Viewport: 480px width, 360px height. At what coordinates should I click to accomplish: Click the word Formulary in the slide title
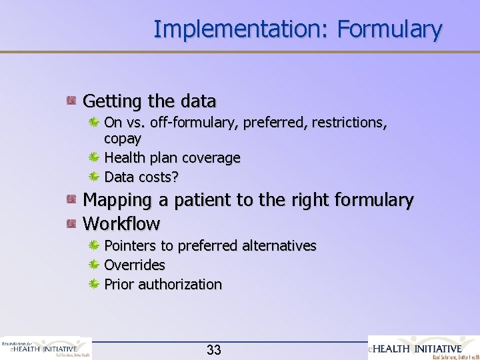pyautogui.click(x=389, y=29)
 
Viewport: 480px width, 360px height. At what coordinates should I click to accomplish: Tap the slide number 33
pyautogui.click(x=213, y=349)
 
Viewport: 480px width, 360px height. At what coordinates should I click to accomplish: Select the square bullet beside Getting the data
pyautogui.click(x=70, y=101)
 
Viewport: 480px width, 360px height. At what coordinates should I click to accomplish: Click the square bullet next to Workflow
pyautogui.click(x=70, y=223)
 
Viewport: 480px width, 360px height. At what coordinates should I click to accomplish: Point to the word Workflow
pyautogui.click(x=121, y=223)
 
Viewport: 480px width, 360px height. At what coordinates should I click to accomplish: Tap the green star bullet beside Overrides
pyautogui.click(x=95, y=265)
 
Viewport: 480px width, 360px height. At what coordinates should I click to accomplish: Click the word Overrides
pyautogui.click(x=135, y=265)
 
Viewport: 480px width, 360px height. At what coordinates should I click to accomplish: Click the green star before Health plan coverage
pyautogui.click(x=95, y=158)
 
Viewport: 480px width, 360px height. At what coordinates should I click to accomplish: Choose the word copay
pyautogui.click(x=123, y=139)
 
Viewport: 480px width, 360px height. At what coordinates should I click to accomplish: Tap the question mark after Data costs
pyautogui.click(x=175, y=177)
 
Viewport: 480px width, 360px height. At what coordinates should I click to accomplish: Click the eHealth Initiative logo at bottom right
pyautogui.click(x=423, y=347)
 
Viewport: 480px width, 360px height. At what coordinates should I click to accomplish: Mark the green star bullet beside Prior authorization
pyautogui.click(x=95, y=284)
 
